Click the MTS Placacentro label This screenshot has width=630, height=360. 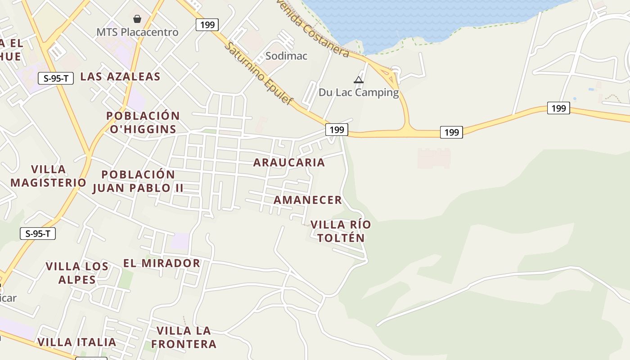(137, 32)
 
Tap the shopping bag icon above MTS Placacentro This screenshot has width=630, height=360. (137, 19)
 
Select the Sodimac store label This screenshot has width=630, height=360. (286, 56)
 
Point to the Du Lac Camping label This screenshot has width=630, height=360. (359, 93)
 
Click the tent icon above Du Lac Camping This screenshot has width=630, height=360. (359, 80)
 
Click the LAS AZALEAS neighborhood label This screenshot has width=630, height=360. (120, 76)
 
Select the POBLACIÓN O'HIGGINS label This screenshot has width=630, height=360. (143, 122)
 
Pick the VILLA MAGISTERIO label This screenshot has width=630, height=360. (49, 176)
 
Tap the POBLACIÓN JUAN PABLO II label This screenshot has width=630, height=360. (138, 181)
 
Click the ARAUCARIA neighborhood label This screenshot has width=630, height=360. (289, 162)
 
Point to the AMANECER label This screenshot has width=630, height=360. (308, 200)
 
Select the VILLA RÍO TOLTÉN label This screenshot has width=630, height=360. (341, 231)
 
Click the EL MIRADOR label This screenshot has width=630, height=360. (162, 263)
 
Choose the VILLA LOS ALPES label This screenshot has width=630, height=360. (77, 273)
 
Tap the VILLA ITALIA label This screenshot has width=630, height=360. (77, 342)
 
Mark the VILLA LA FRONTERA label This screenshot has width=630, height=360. (184, 337)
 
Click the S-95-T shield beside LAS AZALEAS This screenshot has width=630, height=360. (56, 78)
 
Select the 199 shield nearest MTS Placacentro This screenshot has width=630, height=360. (207, 25)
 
